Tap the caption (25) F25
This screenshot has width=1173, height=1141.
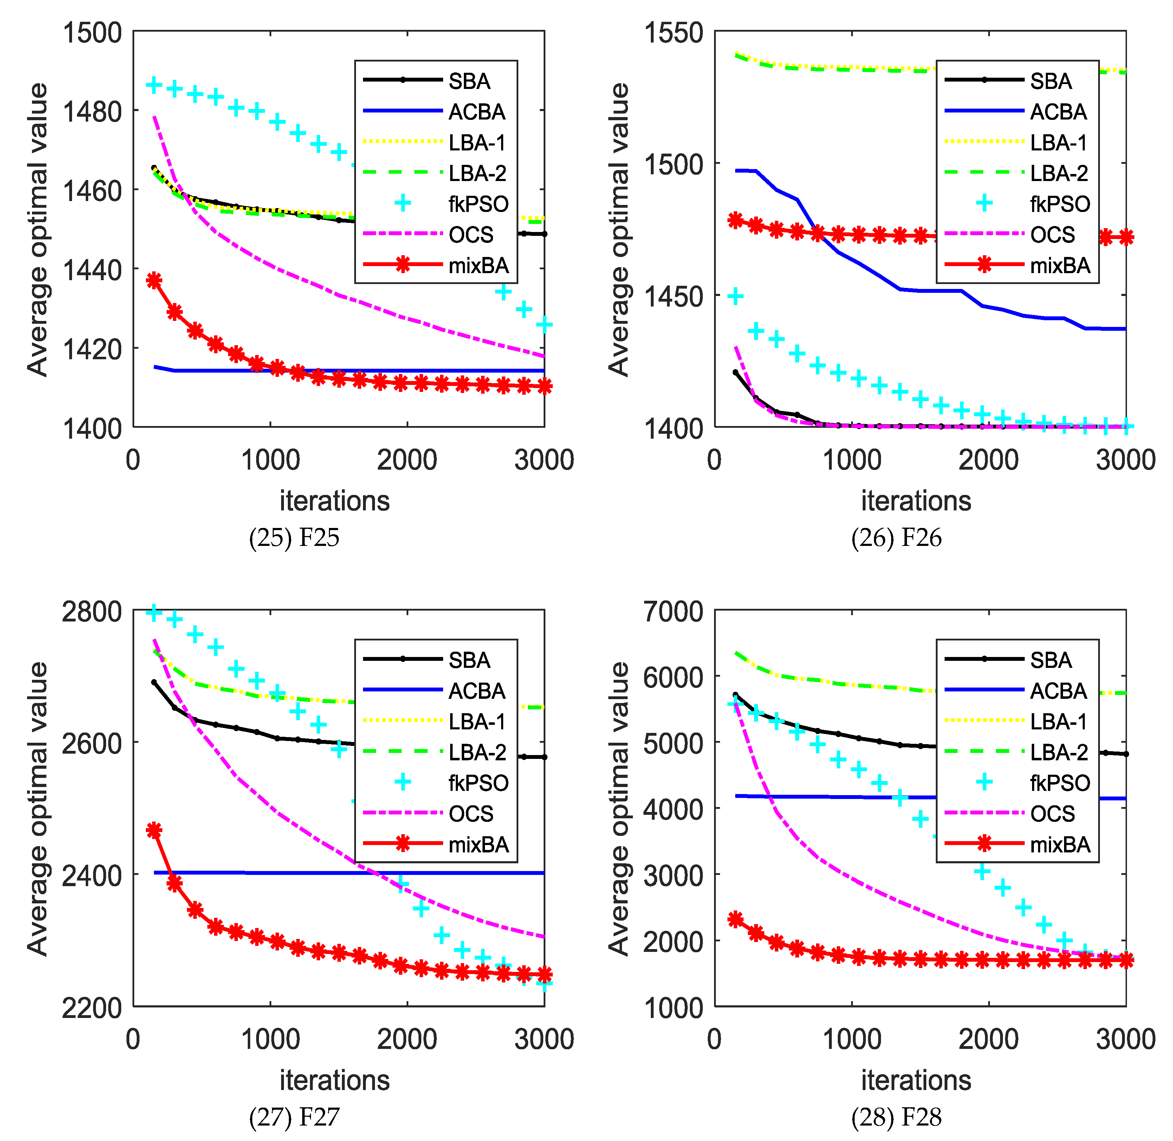[x=294, y=537]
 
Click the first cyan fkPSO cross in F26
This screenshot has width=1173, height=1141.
[x=735, y=296]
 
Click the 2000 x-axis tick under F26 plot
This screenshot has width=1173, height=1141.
[x=989, y=460]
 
